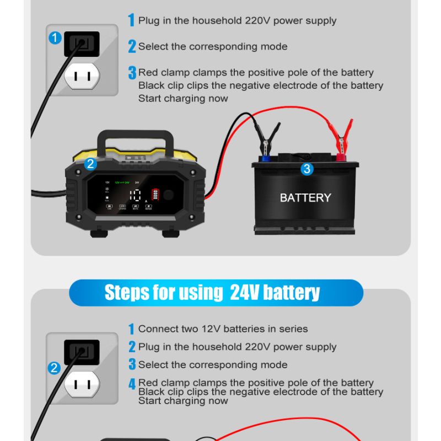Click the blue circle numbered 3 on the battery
[307, 169]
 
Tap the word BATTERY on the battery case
[305, 197]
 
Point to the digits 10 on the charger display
[135, 195]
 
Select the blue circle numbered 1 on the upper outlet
[55, 38]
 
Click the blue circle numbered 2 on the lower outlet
[54, 368]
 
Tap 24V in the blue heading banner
[244, 293]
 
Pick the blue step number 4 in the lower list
[132, 384]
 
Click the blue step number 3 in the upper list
[132, 73]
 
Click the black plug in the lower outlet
[82, 351]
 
